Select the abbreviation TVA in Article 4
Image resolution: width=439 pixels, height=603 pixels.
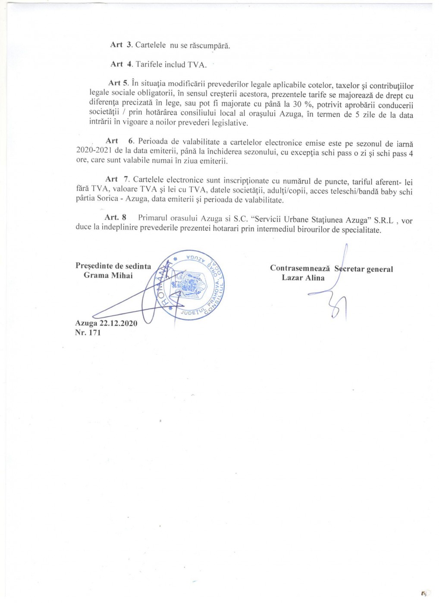click(197, 65)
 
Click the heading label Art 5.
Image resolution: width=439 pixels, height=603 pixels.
click(119, 83)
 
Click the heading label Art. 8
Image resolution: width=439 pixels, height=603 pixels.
click(116, 218)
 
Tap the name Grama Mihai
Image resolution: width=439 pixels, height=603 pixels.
click(108, 276)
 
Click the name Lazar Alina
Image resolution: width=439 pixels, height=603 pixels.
click(303, 278)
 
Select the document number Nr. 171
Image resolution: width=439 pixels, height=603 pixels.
click(88, 333)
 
